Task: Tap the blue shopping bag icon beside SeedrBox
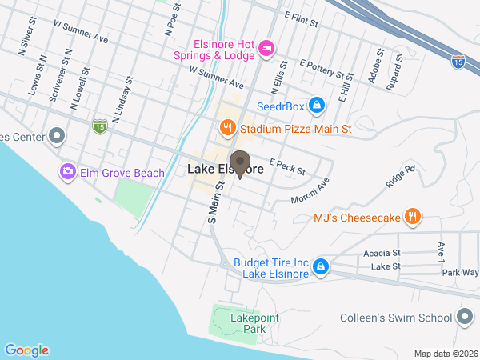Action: (318, 105)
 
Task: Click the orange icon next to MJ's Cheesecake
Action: (412, 217)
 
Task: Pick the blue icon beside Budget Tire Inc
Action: (320, 266)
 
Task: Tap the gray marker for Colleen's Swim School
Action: (463, 318)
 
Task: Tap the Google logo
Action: (26, 350)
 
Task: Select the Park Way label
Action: (460, 272)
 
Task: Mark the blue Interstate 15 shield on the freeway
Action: (458, 61)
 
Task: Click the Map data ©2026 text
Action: (445, 354)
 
